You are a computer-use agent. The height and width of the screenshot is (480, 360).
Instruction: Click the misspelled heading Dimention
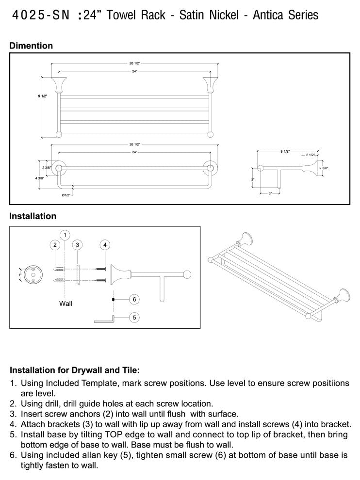tap(31, 46)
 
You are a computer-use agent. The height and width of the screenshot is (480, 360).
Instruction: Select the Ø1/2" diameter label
tap(66, 195)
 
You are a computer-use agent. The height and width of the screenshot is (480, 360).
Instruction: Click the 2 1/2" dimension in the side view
tap(310, 155)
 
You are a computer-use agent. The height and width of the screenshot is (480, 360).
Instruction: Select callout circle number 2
tap(55, 245)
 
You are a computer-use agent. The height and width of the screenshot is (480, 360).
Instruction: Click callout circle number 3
tap(77, 245)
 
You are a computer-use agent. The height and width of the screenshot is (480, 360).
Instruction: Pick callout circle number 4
tap(104, 245)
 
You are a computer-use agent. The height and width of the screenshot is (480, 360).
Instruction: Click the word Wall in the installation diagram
tap(65, 304)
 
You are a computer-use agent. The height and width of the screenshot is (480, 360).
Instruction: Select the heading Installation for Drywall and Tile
tap(75, 369)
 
